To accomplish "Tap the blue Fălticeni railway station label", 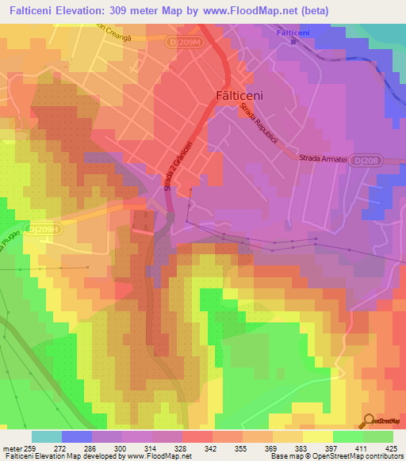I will click(296, 32).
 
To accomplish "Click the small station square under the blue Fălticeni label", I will click(293, 42).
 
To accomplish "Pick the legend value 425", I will click(390, 448).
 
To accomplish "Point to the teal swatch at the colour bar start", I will click(47, 436).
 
